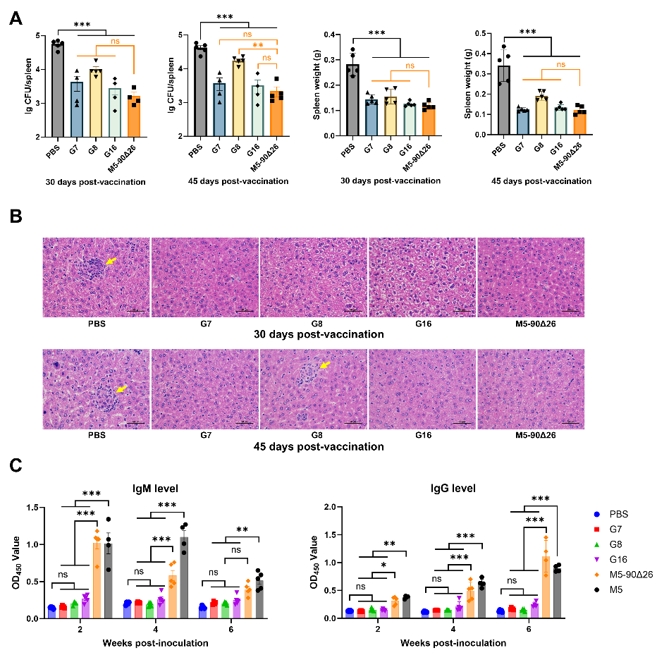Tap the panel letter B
[x=16, y=217]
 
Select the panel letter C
[x=16, y=465]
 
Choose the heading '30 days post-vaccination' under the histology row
[x=319, y=334]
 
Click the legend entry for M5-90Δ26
[x=618, y=575]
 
